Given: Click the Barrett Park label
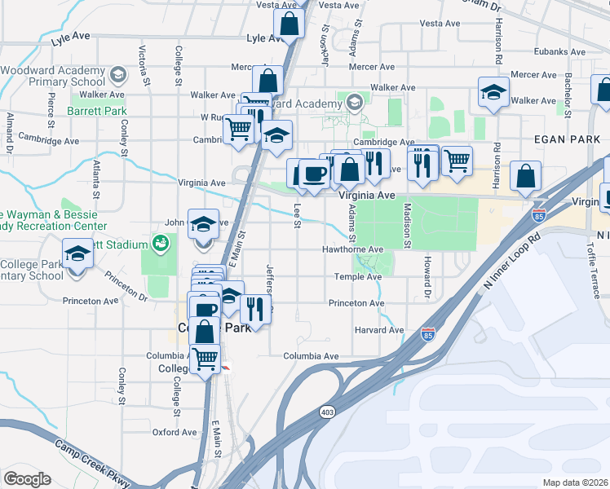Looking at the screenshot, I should tap(97, 111).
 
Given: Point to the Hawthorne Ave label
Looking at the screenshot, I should tap(352, 249).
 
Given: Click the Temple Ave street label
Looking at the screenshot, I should tap(358, 277).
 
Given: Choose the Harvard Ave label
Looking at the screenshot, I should tap(379, 330).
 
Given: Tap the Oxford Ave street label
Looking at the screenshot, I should tap(175, 432).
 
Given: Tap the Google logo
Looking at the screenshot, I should tap(27, 478).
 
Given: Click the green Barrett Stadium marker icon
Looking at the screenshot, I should tap(161, 243).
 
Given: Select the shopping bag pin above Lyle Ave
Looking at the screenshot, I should tap(289, 24).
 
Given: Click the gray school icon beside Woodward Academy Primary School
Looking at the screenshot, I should tap(117, 76).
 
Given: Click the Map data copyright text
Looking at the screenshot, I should tap(574, 482).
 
